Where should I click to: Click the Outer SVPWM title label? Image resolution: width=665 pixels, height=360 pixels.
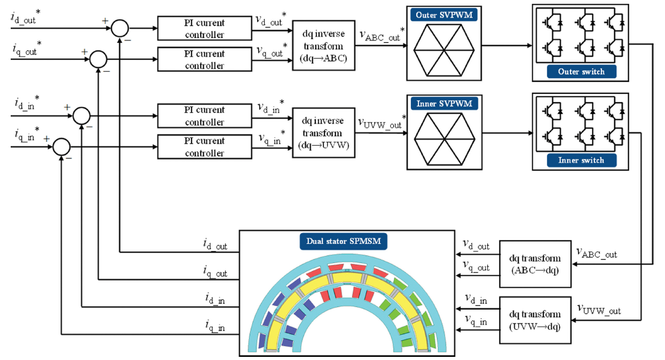click(x=444, y=15)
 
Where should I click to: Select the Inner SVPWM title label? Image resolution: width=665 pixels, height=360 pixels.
click(x=444, y=103)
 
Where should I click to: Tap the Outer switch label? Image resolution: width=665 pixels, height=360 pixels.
click(x=581, y=72)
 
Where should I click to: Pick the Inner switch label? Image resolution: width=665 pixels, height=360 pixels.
click(x=581, y=160)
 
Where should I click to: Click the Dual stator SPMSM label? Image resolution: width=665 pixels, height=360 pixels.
click(x=344, y=241)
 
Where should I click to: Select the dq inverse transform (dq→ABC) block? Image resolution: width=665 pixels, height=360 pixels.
click(x=323, y=46)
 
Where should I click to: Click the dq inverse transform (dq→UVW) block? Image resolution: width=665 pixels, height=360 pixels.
click(x=323, y=133)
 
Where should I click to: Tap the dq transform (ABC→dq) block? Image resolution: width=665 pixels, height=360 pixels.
click(x=535, y=264)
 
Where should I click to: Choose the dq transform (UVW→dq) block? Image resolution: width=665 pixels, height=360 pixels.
click(x=535, y=320)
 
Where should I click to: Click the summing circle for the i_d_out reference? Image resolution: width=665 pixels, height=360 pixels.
click(x=120, y=28)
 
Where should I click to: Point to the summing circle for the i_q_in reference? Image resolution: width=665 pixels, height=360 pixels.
click(x=62, y=147)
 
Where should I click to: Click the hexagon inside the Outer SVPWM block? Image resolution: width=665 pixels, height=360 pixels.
click(x=444, y=50)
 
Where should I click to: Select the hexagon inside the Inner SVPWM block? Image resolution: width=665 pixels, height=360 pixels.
click(x=444, y=139)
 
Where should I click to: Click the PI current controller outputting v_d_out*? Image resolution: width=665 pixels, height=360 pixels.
click(x=204, y=28)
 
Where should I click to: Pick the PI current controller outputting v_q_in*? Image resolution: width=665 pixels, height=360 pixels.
click(x=204, y=147)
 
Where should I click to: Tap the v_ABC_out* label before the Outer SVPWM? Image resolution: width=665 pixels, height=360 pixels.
click(x=382, y=35)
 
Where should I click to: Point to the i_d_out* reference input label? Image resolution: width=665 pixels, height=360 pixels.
click(x=25, y=17)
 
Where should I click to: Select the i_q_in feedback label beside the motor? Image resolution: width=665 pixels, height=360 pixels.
click(x=215, y=326)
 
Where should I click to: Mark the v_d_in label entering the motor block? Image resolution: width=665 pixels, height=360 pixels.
click(x=476, y=299)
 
